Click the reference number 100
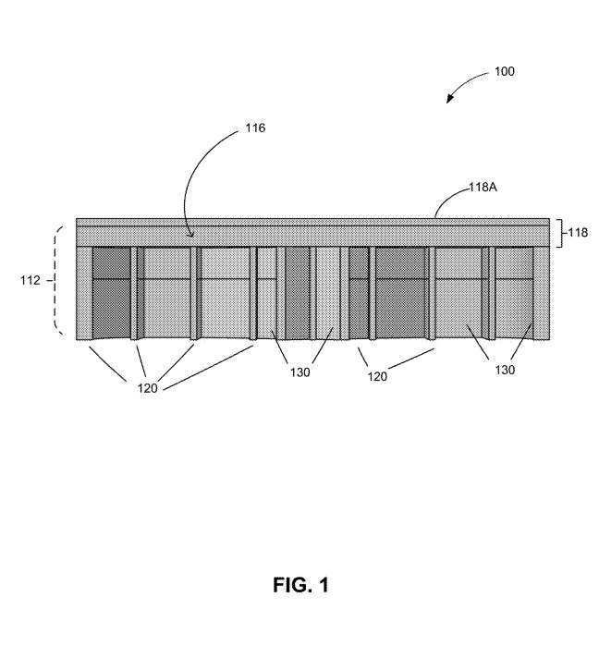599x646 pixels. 504,72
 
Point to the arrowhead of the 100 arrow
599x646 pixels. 450,99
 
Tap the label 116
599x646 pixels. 255,128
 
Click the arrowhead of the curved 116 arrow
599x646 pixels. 191,235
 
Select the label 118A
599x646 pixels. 483,188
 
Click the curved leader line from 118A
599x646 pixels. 449,196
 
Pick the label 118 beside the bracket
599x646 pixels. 578,233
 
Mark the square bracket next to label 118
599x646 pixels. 559,233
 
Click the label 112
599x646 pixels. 31,281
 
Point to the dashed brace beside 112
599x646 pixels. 55,280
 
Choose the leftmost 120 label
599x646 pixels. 147,388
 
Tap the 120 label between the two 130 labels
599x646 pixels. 377,376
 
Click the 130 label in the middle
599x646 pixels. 299,372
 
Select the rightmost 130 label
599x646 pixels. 505,370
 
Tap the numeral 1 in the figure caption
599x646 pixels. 324,585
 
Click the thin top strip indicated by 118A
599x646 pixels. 312,222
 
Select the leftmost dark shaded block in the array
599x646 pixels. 111,293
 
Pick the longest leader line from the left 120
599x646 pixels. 209,368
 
